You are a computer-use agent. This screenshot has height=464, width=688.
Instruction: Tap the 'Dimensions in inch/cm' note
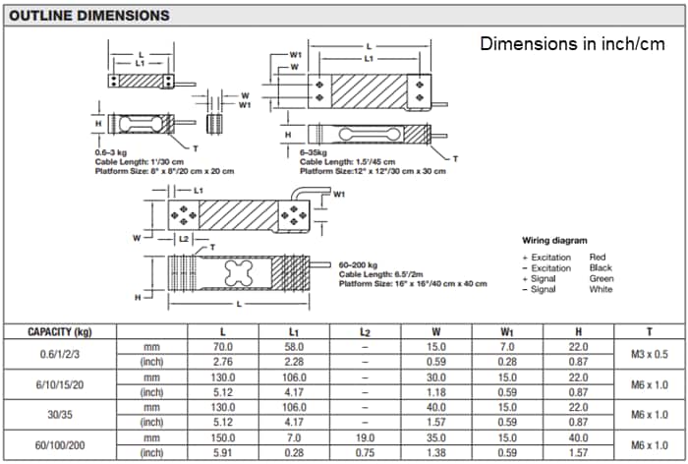(571, 44)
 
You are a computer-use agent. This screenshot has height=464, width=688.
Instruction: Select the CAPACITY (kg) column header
(60, 332)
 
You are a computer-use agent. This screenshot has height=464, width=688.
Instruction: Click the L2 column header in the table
(365, 332)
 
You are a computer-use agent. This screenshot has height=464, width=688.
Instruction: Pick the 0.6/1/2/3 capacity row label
(60, 354)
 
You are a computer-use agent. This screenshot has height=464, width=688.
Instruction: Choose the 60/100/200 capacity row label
(60, 444)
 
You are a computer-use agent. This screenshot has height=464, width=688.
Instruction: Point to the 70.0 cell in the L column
(223, 347)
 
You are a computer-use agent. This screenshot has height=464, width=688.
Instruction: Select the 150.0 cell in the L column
(223, 437)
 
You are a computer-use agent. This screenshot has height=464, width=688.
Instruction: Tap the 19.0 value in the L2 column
(365, 437)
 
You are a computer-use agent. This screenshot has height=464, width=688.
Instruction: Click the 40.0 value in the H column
(577, 437)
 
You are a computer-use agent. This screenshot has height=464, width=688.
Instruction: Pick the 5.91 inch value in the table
(223, 452)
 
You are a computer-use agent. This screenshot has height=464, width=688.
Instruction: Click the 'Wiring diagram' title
(555, 240)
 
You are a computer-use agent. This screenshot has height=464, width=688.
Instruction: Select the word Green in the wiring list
(602, 278)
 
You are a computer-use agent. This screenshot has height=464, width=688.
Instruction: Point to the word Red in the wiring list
(597, 257)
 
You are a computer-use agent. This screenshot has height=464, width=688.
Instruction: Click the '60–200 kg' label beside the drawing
(361, 265)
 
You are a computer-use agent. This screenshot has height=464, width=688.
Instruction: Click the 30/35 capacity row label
(60, 415)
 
